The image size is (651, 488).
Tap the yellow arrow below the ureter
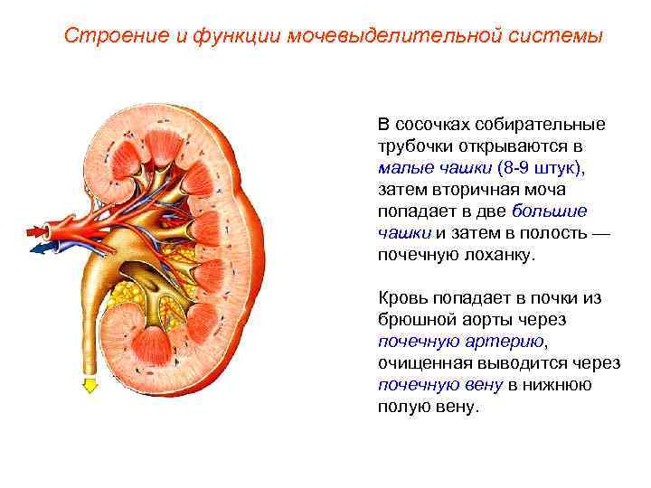90,386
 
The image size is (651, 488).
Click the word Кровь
402,298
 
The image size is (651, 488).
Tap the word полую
401,407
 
